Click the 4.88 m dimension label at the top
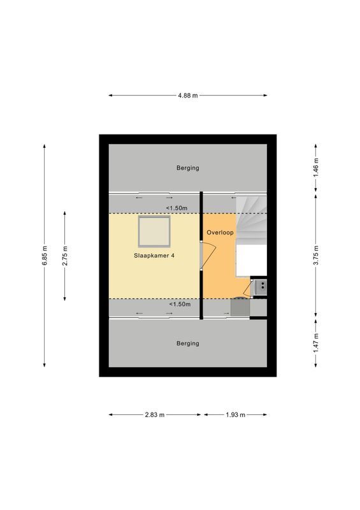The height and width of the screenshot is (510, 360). click(187, 96)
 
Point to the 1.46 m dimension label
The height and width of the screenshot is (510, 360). click(315, 168)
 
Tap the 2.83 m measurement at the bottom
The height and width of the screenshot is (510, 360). click(154, 414)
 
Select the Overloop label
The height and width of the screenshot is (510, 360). click(219, 233)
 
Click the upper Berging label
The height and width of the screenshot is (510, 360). click(187, 168)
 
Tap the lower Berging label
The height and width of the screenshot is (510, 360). click(187, 343)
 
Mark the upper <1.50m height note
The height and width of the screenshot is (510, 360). click(176, 208)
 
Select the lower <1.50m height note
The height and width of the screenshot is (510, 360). click(179, 304)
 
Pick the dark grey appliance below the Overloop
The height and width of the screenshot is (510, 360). click(240, 308)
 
